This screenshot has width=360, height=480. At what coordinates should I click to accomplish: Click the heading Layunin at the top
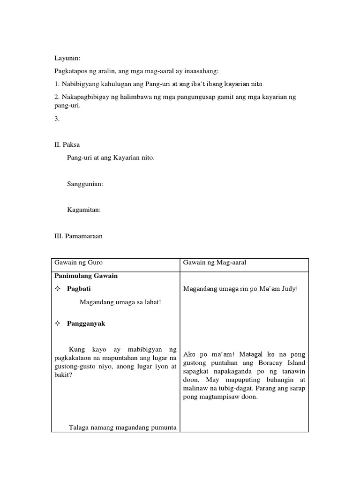[67, 58]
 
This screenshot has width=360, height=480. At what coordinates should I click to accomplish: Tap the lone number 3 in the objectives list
[57, 119]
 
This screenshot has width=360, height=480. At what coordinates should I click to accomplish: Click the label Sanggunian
[85, 184]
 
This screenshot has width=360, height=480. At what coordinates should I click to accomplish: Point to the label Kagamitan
[84, 210]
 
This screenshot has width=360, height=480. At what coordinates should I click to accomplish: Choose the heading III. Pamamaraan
[78, 236]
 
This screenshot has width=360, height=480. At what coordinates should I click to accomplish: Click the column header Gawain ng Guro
[78, 262]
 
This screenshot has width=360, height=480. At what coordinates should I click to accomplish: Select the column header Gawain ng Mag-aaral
[214, 262]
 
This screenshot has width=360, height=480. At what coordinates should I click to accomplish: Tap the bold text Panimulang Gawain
[86, 276]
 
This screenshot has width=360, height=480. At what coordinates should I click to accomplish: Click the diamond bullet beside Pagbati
[58, 289]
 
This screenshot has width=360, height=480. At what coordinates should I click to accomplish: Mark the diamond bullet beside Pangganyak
[58, 323]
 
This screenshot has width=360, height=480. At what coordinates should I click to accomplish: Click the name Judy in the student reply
[289, 289]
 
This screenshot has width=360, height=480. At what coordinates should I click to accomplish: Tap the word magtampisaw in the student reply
[217, 397]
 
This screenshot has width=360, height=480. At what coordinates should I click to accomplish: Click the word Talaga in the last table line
[79, 427]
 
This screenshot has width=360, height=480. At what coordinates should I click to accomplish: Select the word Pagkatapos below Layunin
[71, 71]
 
